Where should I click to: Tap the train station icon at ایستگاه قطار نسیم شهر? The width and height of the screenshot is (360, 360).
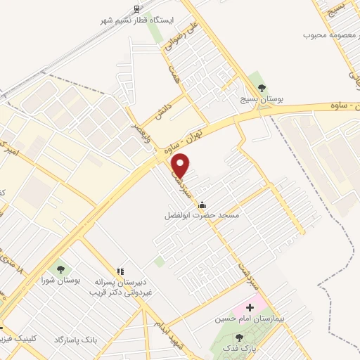(136, 8)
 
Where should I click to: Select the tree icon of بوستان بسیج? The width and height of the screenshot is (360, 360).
(262, 89)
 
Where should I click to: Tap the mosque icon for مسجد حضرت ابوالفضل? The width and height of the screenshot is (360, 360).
(202, 205)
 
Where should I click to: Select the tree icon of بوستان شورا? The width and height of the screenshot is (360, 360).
(59, 268)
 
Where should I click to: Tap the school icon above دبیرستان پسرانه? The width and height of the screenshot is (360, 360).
(120, 270)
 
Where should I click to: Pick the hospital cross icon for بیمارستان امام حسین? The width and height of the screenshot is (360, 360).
(250, 308)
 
